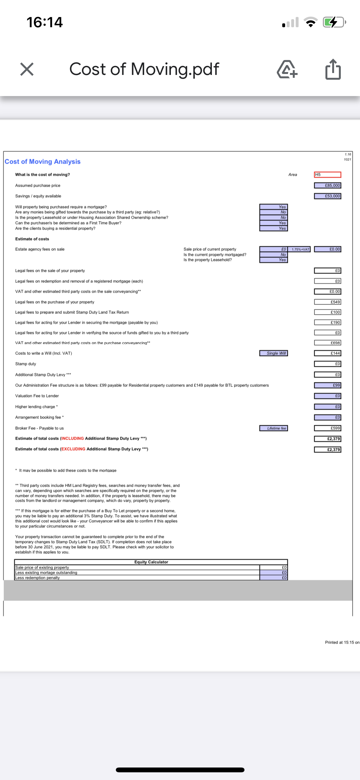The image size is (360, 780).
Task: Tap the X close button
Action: point(27,69)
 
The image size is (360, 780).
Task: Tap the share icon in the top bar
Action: point(333,69)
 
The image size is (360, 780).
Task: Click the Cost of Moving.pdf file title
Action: point(144,69)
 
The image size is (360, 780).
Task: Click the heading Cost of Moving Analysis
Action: point(43,162)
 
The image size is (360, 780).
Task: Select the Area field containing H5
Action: point(327,175)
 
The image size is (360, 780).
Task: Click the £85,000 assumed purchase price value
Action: point(328,185)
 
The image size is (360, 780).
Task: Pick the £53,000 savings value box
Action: point(328,196)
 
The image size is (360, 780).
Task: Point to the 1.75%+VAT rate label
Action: point(300,249)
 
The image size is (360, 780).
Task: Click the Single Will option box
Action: point(274,353)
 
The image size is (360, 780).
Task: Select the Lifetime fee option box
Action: point(274,428)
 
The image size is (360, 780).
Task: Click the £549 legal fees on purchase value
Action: point(328,302)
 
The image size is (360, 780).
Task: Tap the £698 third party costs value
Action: point(328,343)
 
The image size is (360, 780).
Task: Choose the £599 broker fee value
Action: point(328,428)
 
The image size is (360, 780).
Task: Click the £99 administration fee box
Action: point(328,385)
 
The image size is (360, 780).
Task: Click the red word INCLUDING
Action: point(73,438)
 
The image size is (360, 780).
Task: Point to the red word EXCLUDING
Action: point(73,449)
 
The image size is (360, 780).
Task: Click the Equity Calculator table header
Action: point(151,562)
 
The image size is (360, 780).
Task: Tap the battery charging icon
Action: point(333,22)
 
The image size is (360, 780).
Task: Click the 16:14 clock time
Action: point(44,22)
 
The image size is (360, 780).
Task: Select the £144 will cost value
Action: point(328,353)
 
